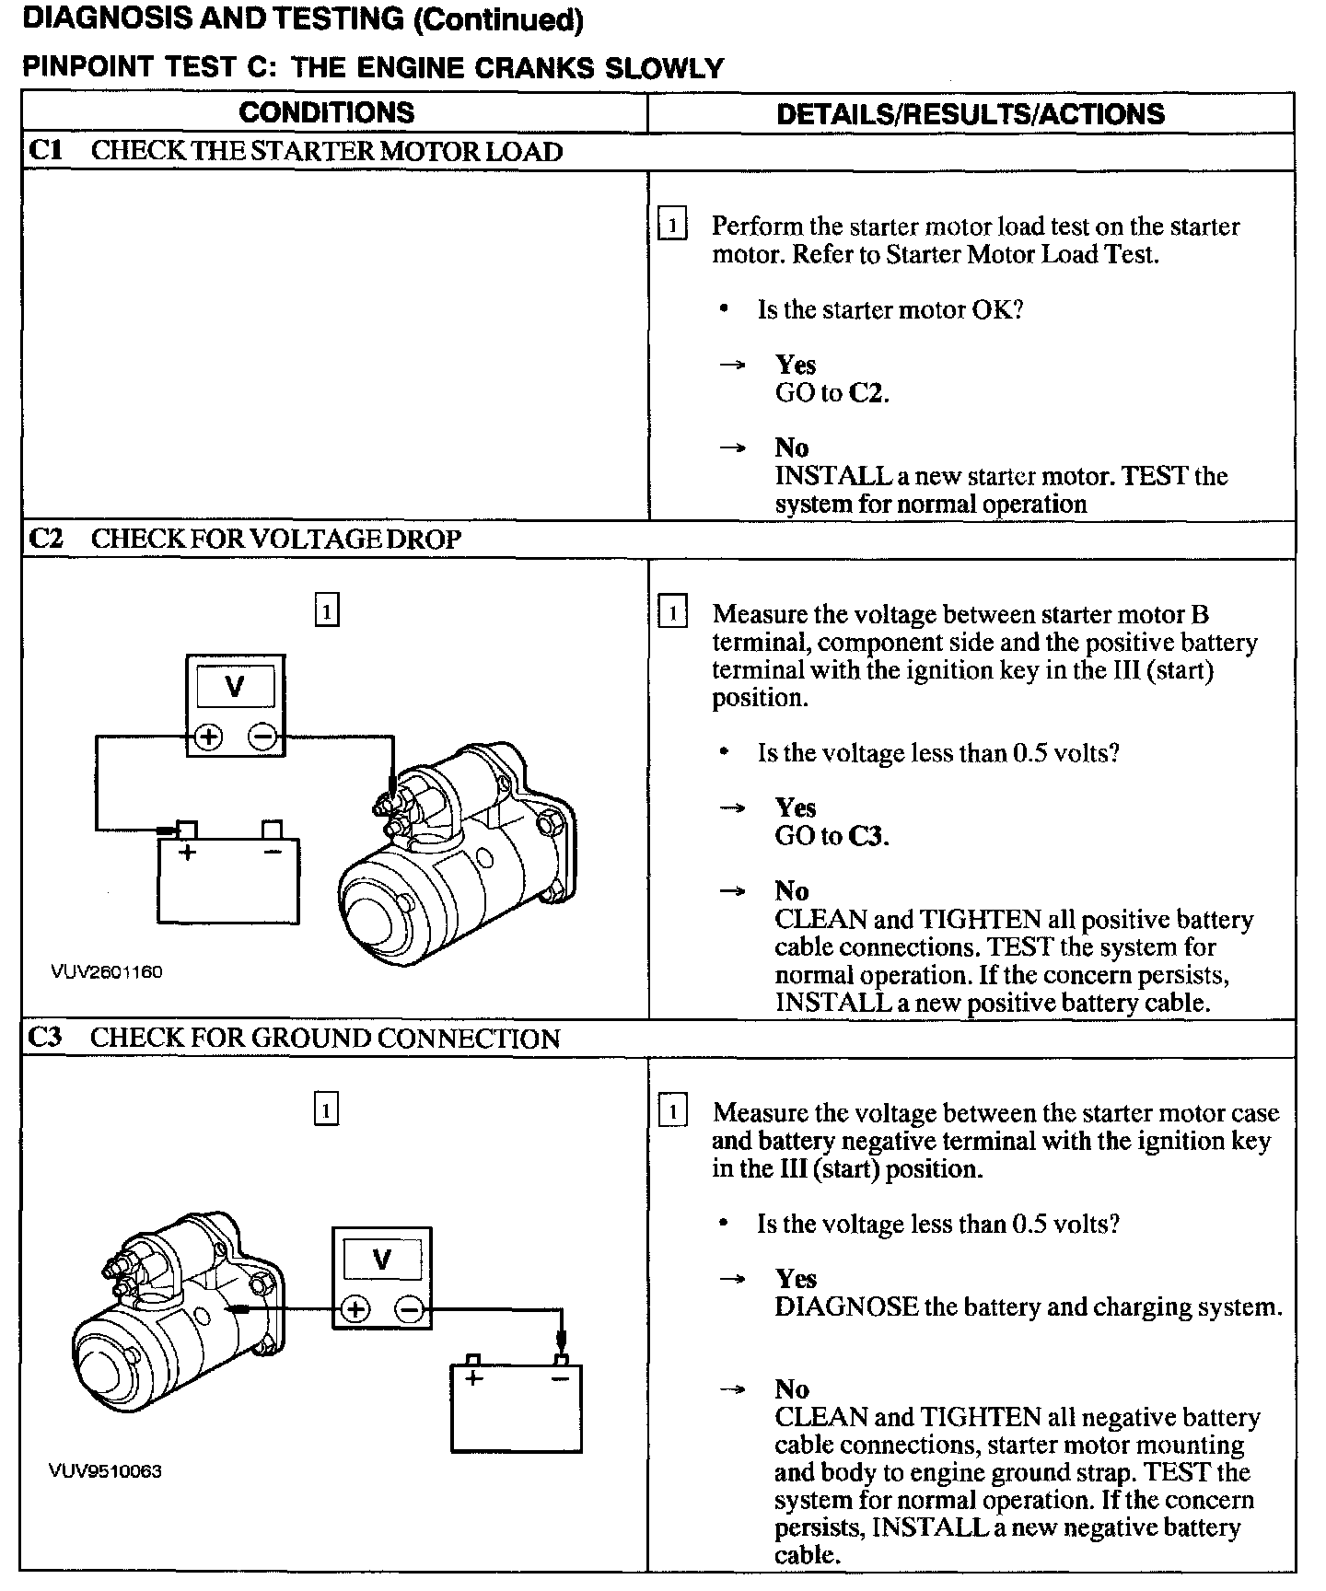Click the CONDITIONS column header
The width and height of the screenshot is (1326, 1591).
[x=327, y=113]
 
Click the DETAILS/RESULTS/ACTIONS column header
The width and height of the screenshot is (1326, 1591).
[x=971, y=114]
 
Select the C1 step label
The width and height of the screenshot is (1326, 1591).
[x=45, y=151]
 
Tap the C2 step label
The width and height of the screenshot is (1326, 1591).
[x=46, y=539]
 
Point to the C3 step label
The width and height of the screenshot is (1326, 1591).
[x=46, y=1038]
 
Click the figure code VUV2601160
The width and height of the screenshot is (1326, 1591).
[x=107, y=972]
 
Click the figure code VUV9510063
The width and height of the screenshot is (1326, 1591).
[x=105, y=1471]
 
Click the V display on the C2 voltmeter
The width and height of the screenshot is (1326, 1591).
[x=236, y=687]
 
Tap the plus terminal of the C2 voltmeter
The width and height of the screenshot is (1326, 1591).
[x=209, y=737]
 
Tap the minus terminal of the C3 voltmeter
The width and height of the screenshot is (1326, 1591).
[x=411, y=1309]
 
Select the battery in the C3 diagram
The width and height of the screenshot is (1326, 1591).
[x=517, y=1407]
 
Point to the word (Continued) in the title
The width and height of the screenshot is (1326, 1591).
[x=498, y=20]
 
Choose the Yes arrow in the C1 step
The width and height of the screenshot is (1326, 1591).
[x=732, y=366]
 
